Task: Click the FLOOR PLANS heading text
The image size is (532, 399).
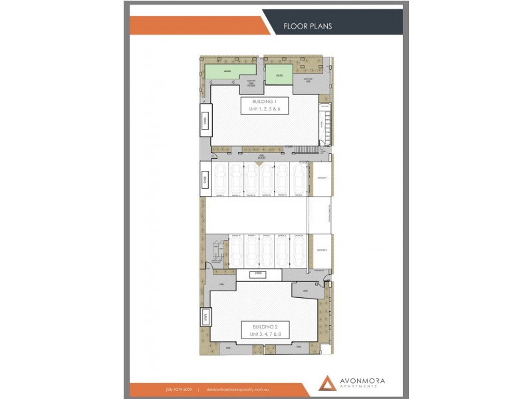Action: pos(307,27)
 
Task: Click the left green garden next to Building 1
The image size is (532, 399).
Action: pos(227,72)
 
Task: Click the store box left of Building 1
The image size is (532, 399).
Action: pos(205,121)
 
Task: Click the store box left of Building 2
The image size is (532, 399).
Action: pos(205,317)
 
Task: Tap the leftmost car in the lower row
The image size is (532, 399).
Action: pos(236,251)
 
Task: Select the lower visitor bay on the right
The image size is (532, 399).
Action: pos(322,251)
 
